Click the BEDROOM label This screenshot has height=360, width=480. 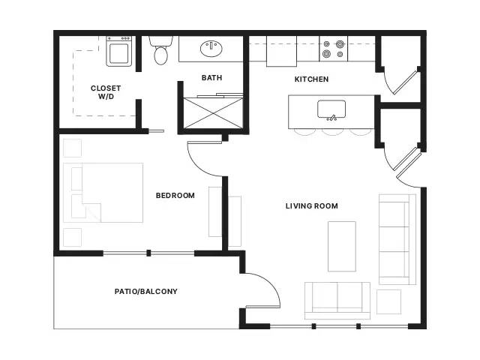tap(175, 195)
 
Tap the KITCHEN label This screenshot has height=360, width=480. tap(311, 79)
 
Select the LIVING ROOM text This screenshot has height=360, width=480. tap(312, 206)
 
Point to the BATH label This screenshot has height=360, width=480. tap(211, 78)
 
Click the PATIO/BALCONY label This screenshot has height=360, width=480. tap(146, 292)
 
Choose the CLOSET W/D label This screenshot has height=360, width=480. tap(106, 92)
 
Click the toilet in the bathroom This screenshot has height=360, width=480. tap(160, 50)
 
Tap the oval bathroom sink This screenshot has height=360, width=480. tap(211, 49)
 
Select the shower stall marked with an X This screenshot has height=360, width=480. tap(213, 112)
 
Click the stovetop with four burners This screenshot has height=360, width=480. tap(333, 49)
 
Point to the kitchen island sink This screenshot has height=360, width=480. tap(331, 109)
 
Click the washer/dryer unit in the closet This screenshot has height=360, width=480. tap(119, 51)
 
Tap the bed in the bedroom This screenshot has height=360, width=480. tap(103, 193)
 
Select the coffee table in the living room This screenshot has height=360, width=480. tap(342, 247)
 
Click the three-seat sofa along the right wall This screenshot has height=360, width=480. tap(397, 239)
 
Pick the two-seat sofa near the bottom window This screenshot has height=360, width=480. tap(337, 301)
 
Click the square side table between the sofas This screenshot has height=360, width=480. tap(388, 301)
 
